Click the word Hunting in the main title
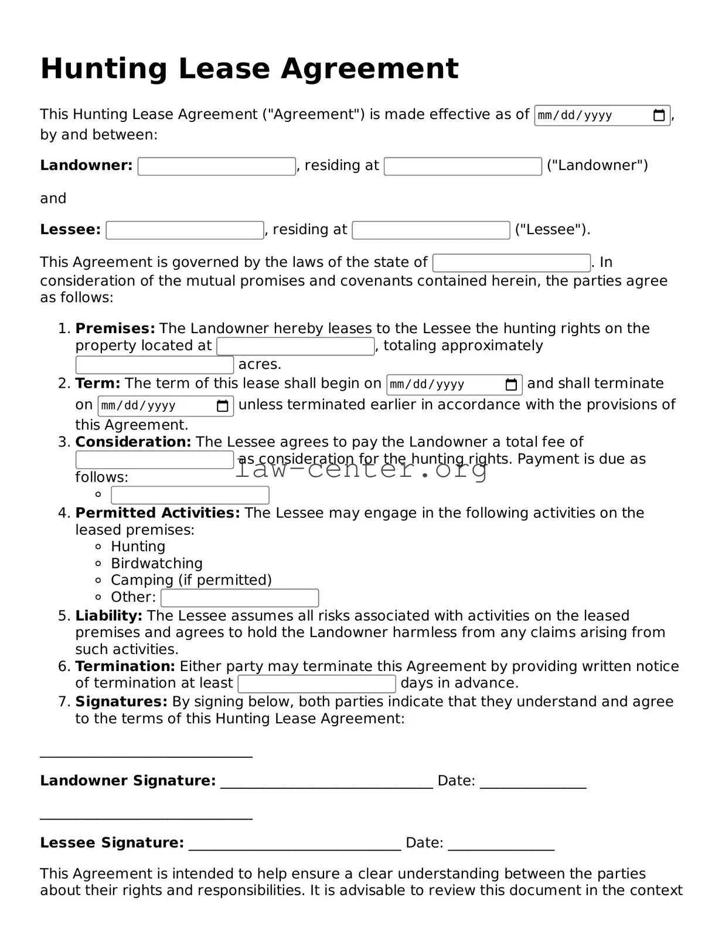point(103,69)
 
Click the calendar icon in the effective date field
point(659,116)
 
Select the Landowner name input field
point(216,166)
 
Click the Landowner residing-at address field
point(462,166)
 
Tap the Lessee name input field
point(185,230)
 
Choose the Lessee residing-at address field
point(431,230)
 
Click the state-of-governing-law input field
point(511,263)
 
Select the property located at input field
point(295,346)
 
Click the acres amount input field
point(154,365)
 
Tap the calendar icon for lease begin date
point(511,385)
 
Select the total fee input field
point(154,460)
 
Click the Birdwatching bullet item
point(156,563)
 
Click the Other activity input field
point(239,598)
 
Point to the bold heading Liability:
point(108,615)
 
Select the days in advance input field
point(317,684)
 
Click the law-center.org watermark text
point(360,469)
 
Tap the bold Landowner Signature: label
point(128,781)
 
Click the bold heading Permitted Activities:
point(157,513)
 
